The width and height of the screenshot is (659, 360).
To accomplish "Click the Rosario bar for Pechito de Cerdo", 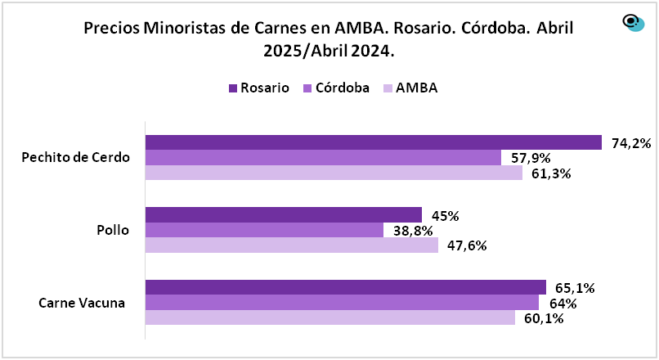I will (373, 142).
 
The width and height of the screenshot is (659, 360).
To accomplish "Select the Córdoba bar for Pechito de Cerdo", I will (323, 158).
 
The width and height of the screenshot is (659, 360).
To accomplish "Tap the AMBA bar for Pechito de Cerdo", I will (334, 173).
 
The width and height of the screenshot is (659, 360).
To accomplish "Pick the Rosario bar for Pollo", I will (283, 215).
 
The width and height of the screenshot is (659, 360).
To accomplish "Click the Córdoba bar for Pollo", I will (264, 230).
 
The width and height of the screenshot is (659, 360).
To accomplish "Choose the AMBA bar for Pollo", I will (292, 245).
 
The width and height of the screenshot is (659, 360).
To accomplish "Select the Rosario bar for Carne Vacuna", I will (345, 287).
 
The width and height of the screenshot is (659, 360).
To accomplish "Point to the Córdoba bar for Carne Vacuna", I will (342, 302).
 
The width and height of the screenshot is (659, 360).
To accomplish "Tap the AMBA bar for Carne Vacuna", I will (329, 317).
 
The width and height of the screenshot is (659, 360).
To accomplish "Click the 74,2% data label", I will (631, 143).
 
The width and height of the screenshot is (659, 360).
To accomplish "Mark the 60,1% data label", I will (544, 318).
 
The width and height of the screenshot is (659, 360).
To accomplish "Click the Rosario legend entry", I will (258, 88).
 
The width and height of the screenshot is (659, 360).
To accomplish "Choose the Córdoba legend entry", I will (336, 88).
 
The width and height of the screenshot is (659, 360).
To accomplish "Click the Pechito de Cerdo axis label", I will (76, 157).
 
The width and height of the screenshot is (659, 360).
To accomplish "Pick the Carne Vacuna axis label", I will (82, 303).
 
